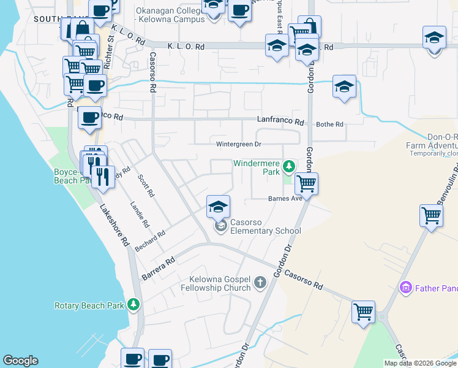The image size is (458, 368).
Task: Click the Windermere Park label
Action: click(256, 167)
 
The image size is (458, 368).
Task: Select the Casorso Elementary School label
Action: click(265, 226)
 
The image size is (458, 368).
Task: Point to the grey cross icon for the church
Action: click(260, 283)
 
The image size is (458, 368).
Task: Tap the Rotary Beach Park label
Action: click(89, 305)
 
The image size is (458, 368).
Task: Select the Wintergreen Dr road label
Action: click(239, 144)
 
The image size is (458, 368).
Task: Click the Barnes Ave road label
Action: click(285, 199)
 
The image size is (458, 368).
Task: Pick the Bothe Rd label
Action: click(329, 125)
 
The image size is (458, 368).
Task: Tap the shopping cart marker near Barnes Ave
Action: click(306, 183)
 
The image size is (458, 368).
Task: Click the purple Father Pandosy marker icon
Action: click(404, 287)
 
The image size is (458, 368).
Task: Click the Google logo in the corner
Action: click(20, 361)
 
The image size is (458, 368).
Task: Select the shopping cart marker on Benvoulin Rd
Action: click(431, 216)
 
